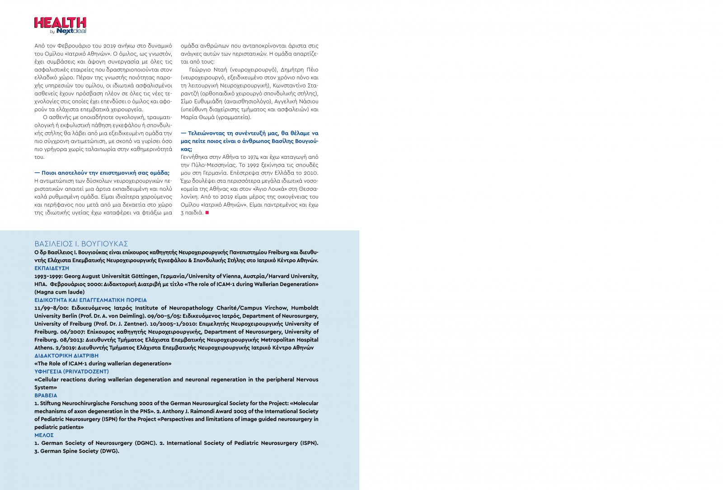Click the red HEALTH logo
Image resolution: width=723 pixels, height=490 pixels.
point(60,23)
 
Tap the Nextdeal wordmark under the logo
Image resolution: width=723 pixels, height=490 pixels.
point(71,31)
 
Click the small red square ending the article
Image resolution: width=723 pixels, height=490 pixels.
point(207,213)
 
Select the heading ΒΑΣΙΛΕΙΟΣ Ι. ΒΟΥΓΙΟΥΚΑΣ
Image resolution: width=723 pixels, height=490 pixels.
point(81,244)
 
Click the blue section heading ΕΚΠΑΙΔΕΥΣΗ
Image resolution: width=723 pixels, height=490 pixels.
point(52,268)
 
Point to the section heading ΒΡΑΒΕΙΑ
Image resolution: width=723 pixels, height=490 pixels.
point(46,395)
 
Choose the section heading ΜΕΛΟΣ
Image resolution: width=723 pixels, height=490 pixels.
point(44,435)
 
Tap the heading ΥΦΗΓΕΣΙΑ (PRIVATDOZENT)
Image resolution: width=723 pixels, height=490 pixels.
point(72,372)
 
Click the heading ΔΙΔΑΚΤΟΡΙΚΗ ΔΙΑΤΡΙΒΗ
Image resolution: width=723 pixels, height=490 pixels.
point(66,356)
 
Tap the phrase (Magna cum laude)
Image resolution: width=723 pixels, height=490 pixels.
point(60,292)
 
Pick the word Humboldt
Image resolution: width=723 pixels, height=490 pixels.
point(305,308)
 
